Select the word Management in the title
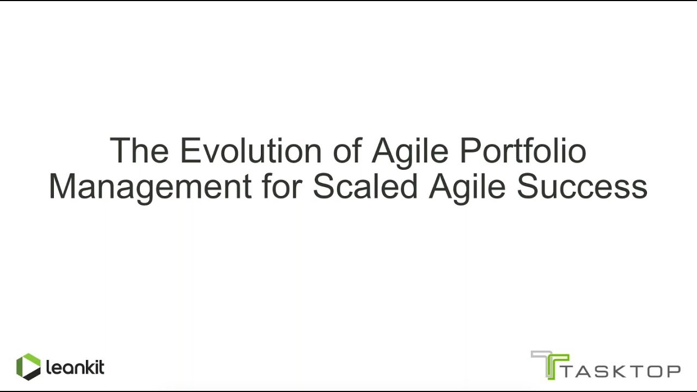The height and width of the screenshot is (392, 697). click(x=150, y=186)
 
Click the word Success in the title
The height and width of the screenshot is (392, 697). click(x=582, y=186)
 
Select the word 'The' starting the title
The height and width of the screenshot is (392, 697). click(x=139, y=150)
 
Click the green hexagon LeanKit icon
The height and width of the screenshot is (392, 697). click(x=28, y=367)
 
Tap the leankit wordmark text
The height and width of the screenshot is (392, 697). click(x=75, y=367)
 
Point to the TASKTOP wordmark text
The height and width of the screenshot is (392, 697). click(x=621, y=371)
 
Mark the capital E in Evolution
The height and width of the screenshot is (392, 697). click(x=190, y=150)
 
